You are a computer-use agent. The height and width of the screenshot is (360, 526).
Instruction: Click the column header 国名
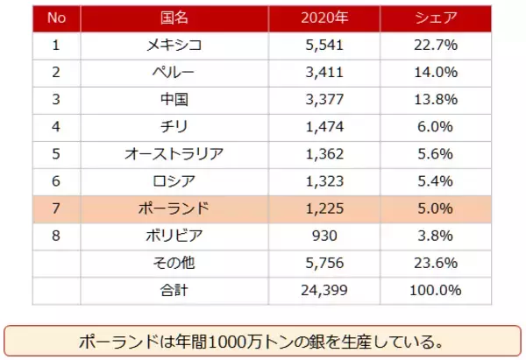point(174,18)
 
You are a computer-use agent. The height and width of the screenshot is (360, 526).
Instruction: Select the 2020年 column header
point(325,18)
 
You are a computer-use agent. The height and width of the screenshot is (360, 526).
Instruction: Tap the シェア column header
point(435,18)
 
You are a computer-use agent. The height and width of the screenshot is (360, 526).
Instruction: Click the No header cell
point(56,18)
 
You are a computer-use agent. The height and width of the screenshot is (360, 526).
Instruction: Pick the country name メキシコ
point(174,45)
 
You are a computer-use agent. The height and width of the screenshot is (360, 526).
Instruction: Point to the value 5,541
point(325,45)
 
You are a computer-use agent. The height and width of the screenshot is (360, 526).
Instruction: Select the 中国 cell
point(174,100)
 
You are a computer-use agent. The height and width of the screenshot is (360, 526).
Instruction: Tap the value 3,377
point(325,100)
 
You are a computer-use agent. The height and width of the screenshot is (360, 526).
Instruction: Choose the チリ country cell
point(174,127)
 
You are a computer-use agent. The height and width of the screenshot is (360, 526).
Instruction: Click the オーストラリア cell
point(174,154)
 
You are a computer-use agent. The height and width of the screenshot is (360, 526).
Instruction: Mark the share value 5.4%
point(435,181)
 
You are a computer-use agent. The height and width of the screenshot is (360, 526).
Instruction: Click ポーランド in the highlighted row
point(174,208)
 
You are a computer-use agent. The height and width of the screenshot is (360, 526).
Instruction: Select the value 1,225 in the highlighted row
point(325,208)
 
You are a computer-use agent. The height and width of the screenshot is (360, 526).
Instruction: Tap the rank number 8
point(56,236)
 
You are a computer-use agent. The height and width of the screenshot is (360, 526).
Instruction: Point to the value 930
point(325,236)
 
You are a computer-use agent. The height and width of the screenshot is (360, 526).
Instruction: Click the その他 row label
point(174,263)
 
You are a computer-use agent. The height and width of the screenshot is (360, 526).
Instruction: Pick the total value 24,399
point(325,290)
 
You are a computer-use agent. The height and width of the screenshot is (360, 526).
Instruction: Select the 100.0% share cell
point(435,290)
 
